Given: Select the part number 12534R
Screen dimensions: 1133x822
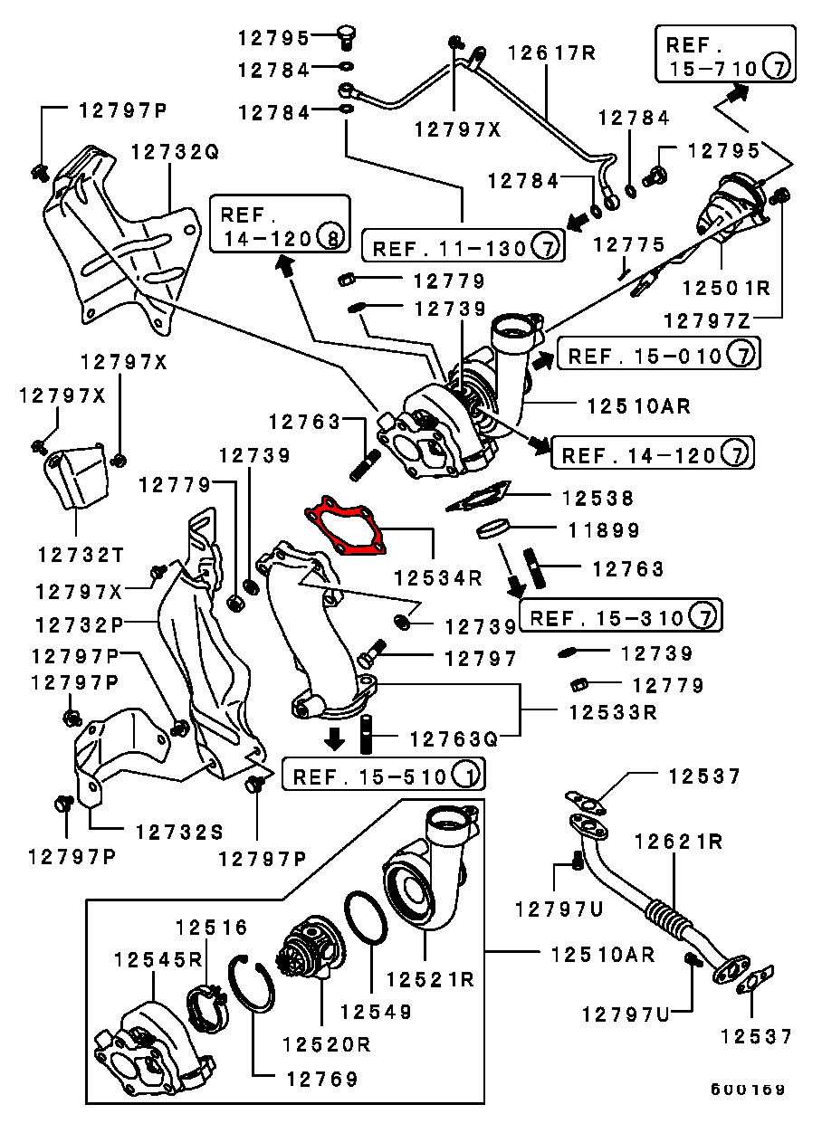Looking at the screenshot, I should pos(437,576).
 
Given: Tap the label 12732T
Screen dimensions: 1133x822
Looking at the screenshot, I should pos(81,552).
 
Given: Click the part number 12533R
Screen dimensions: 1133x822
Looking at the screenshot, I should pos(613,712).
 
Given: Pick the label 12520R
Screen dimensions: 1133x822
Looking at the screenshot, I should pos(325,1043).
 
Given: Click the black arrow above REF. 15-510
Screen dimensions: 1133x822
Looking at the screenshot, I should pos(335,737).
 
